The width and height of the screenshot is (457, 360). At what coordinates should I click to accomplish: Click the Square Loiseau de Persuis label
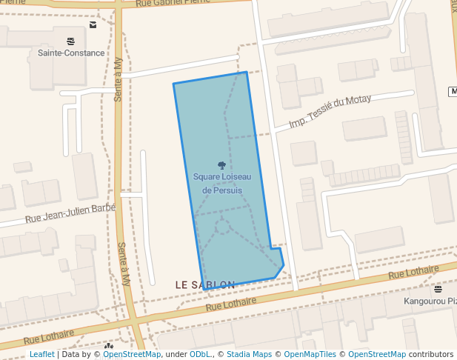[x=221, y=183]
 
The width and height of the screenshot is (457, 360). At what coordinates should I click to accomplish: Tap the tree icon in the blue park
[x=221, y=165]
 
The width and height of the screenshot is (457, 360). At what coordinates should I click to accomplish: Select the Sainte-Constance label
[x=70, y=53]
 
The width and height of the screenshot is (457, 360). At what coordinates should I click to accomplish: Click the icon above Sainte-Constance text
[x=70, y=41]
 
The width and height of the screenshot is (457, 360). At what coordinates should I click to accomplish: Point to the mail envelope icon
[x=93, y=24]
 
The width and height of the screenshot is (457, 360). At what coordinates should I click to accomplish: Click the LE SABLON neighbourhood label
[x=205, y=284]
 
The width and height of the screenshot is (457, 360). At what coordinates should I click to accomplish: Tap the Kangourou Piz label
[x=430, y=301]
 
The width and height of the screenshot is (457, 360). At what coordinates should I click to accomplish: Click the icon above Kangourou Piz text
[x=438, y=289]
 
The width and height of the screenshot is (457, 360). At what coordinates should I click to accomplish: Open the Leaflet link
[x=41, y=354]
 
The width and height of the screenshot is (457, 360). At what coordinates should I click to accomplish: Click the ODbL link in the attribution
[x=200, y=354]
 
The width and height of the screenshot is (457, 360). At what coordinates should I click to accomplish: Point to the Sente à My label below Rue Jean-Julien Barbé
[x=125, y=265]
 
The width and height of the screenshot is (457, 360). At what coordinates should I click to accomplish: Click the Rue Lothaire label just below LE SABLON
[x=230, y=303]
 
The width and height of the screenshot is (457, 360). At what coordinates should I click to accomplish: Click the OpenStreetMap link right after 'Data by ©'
[x=132, y=354]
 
